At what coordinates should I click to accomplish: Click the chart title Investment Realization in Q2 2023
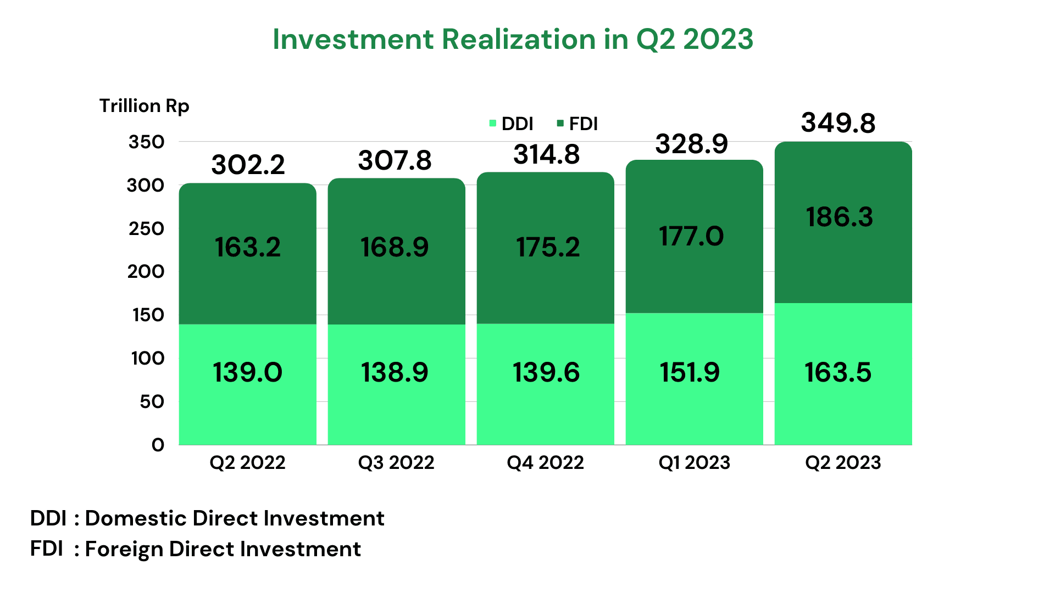click(513, 40)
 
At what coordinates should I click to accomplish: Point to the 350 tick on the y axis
click(146, 142)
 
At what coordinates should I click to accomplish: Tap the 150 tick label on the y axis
click(148, 315)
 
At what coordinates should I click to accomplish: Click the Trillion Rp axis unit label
click(144, 106)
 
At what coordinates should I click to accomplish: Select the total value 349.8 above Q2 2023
click(838, 123)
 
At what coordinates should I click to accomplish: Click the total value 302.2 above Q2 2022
click(248, 165)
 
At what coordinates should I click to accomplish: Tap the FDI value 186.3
click(839, 217)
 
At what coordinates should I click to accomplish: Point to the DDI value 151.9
click(690, 373)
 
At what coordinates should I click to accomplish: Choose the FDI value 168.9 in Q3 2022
click(395, 248)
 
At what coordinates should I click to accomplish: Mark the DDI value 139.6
click(546, 373)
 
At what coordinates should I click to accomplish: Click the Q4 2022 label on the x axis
click(545, 463)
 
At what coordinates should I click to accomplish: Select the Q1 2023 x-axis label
click(694, 463)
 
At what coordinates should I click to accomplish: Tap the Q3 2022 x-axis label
click(396, 463)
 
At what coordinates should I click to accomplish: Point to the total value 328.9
click(691, 144)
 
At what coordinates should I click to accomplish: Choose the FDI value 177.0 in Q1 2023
click(691, 237)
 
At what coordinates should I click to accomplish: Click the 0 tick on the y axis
click(158, 445)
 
